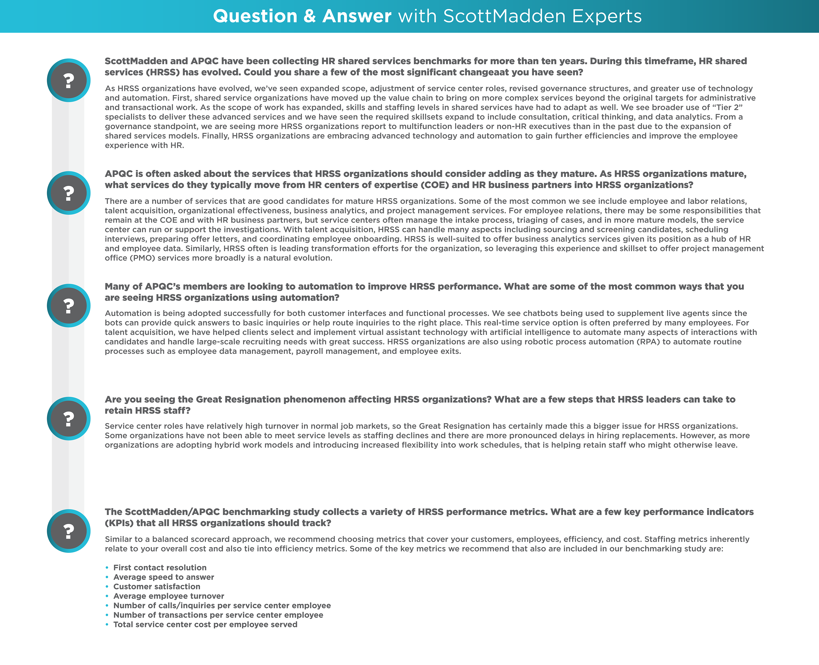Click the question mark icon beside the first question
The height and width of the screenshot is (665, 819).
coord(69,80)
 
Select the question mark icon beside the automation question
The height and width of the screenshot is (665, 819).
coord(69,306)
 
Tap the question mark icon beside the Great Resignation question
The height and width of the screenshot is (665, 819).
coord(69,419)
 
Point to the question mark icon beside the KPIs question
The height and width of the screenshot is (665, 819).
coord(69,531)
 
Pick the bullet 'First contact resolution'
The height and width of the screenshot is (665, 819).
coord(160,568)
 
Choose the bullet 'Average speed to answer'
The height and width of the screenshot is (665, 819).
coord(164,577)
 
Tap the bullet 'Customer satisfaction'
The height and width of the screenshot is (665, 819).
coord(157,587)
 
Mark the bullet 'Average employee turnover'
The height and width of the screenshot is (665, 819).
coord(169,596)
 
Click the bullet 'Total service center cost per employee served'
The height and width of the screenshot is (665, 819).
coord(205,625)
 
